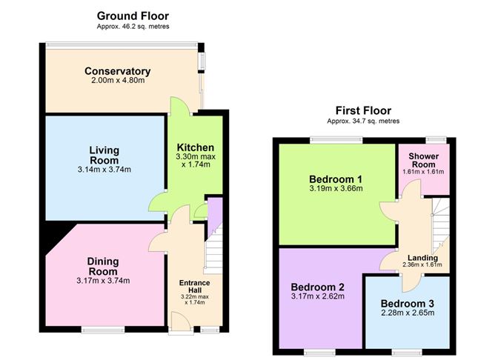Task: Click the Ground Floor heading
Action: (x=133, y=16)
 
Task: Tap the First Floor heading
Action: (x=363, y=111)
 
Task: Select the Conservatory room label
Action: (x=117, y=71)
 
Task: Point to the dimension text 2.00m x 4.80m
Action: (x=118, y=81)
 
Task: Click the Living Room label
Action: (x=104, y=155)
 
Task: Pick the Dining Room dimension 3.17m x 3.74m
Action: (x=103, y=281)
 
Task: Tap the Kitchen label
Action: (x=196, y=147)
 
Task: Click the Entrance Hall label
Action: (x=194, y=287)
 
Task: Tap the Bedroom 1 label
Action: (x=336, y=179)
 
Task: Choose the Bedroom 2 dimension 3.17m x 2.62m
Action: (x=318, y=296)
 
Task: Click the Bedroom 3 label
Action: (x=408, y=304)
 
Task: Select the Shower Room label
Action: (x=423, y=160)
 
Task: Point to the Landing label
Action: (x=422, y=258)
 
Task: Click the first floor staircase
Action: (x=441, y=224)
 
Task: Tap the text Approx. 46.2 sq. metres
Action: (x=133, y=27)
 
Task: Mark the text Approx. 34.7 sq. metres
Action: (x=363, y=121)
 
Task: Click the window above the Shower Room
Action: (x=436, y=139)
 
